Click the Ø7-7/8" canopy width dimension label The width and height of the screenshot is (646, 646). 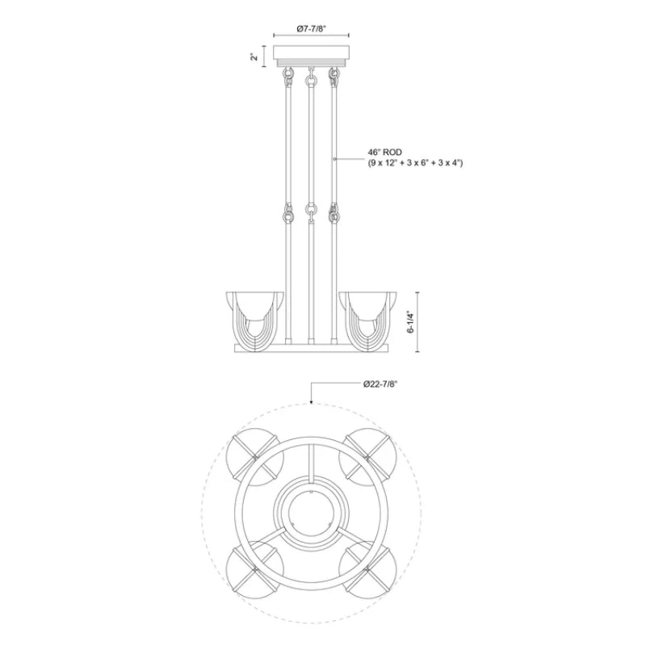[312, 29]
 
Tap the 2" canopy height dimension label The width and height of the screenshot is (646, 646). [255, 56]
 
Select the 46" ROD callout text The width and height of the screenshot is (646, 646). [385, 153]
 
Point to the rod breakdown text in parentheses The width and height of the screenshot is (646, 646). [415, 163]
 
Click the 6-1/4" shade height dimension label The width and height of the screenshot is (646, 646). [411, 321]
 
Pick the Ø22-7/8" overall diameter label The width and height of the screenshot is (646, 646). [380, 384]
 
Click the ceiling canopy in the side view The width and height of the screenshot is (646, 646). [312, 57]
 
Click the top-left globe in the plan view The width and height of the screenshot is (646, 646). [256, 457]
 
